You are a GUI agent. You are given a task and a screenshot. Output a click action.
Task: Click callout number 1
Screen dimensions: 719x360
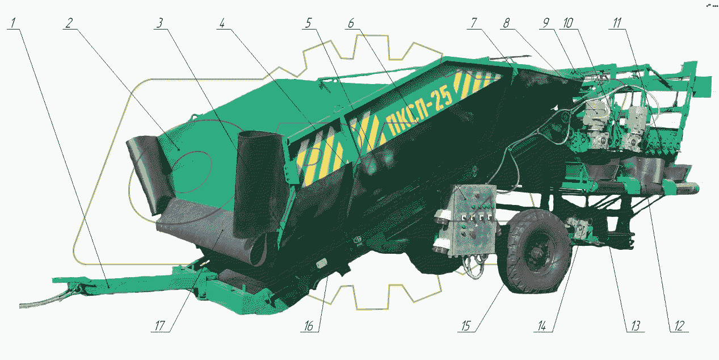[13, 23]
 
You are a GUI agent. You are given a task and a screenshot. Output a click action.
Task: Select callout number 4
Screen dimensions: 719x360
[222, 23]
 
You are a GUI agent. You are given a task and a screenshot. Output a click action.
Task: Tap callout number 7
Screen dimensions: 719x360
[474, 23]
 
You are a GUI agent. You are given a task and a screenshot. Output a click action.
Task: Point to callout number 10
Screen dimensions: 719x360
[568, 23]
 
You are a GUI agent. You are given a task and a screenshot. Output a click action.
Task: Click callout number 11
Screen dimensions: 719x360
[617, 23]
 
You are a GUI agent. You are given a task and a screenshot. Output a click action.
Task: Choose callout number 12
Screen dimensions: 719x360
[679, 326]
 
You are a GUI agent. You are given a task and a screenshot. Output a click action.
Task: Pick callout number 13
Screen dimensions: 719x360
[636, 326]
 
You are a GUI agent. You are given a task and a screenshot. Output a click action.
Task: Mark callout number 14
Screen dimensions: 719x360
[542, 326]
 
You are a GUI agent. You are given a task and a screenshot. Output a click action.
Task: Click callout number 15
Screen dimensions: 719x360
[466, 326]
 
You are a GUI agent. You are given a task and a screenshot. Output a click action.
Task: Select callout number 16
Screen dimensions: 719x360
[309, 326]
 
